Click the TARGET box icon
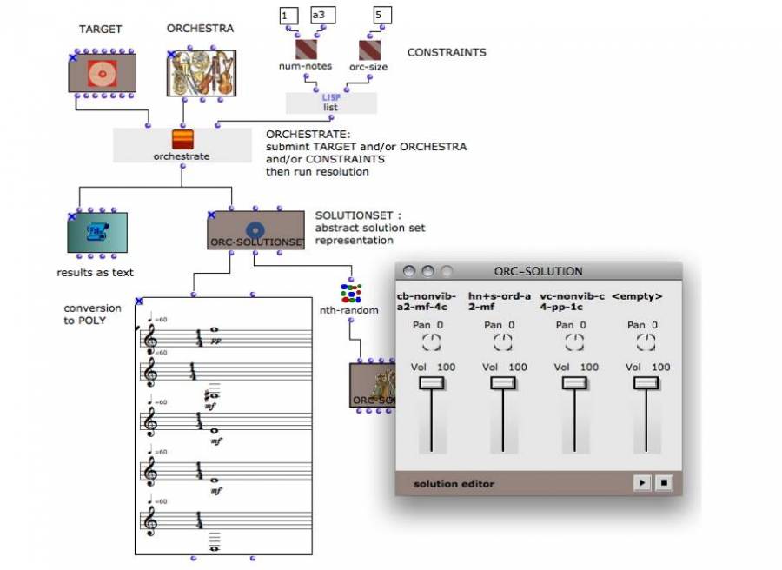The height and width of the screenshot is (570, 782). [x=103, y=73]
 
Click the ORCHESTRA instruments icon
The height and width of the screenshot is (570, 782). [x=201, y=73]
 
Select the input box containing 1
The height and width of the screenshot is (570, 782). [x=288, y=15]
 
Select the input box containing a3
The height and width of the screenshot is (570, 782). [x=322, y=15]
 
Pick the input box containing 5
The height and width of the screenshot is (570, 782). [x=382, y=15]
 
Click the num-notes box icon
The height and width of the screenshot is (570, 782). [x=305, y=50]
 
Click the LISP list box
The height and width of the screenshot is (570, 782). [x=331, y=103]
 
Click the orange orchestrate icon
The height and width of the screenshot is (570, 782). [x=182, y=139]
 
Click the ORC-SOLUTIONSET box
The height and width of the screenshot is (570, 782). [x=255, y=230]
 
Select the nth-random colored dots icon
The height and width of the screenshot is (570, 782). [x=351, y=292]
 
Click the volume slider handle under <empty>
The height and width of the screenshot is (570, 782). [x=646, y=382]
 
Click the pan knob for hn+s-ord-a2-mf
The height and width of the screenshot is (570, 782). [x=504, y=342]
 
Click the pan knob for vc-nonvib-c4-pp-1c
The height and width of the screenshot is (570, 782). [x=575, y=342]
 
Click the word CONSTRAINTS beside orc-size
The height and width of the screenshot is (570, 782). [x=447, y=52]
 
